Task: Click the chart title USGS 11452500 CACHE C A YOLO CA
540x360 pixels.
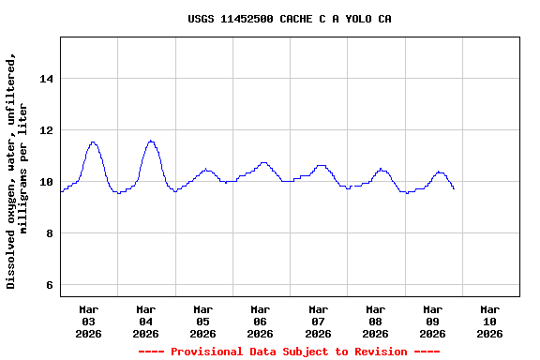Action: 289,19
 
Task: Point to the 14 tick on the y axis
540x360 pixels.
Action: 46,79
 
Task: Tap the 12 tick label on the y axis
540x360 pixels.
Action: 46,130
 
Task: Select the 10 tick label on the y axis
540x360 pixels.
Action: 46,182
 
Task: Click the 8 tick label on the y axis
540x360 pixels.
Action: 49,233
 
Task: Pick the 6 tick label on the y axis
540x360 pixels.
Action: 49,285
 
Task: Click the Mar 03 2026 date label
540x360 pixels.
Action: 89,321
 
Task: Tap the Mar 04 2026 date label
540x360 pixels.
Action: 146,321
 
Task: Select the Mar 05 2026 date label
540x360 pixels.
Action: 203,321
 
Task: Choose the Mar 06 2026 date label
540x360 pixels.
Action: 261,321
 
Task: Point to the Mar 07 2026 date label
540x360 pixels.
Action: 318,321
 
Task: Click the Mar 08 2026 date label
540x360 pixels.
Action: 375,321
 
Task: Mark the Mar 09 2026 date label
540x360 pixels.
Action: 432,321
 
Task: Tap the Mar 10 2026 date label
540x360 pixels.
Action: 489,321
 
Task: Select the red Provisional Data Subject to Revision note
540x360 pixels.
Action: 289,352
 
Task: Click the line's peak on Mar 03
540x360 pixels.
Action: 93,142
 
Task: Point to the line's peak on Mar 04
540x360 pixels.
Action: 150,141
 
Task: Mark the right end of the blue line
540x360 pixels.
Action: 454,188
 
